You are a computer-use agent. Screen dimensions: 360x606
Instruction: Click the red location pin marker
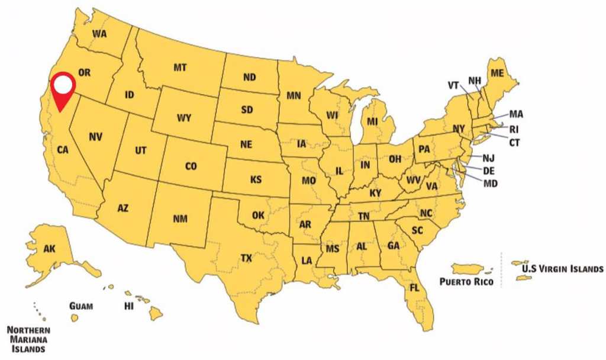click(x=62, y=89)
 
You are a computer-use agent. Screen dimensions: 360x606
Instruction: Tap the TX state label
click(x=246, y=258)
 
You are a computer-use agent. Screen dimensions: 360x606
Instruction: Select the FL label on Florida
click(x=414, y=288)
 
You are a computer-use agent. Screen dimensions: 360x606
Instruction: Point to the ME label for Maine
click(x=498, y=73)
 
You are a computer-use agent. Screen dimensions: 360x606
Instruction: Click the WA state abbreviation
click(x=99, y=34)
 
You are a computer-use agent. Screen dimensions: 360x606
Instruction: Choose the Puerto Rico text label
click(x=466, y=282)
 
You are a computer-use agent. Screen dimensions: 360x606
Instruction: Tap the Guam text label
click(x=80, y=306)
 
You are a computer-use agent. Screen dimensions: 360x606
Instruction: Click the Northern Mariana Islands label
click(x=28, y=339)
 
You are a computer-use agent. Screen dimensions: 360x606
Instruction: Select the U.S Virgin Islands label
click(x=562, y=269)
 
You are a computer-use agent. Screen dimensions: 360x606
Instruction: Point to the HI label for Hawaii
click(x=128, y=306)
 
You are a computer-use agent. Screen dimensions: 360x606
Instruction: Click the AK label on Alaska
click(x=50, y=249)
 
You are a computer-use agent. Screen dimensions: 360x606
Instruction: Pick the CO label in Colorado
click(x=191, y=167)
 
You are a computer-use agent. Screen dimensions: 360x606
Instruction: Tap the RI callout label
click(x=514, y=129)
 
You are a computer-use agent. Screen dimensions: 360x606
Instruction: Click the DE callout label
click(x=489, y=171)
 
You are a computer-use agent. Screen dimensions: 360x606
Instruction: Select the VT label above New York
click(x=453, y=85)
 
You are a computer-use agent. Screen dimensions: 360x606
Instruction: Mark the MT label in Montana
click(x=180, y=68)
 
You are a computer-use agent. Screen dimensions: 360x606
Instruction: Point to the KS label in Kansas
click(x=256, y=179)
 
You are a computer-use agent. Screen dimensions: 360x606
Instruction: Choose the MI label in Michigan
click(x=372, y=122)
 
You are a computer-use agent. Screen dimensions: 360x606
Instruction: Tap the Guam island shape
click(x=75, y=318)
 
